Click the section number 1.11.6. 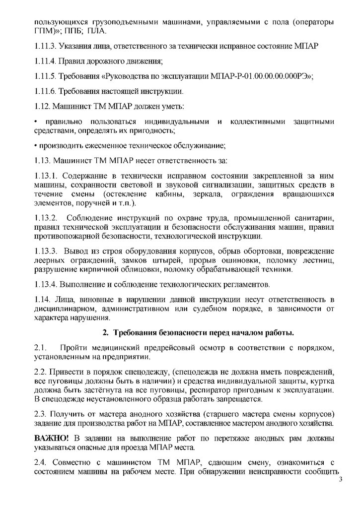pyautogui.click(x=46, y=91)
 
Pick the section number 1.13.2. pyautogui.click(x=47, y=218)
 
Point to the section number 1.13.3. pyautogui.click(x=47, y=252)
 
